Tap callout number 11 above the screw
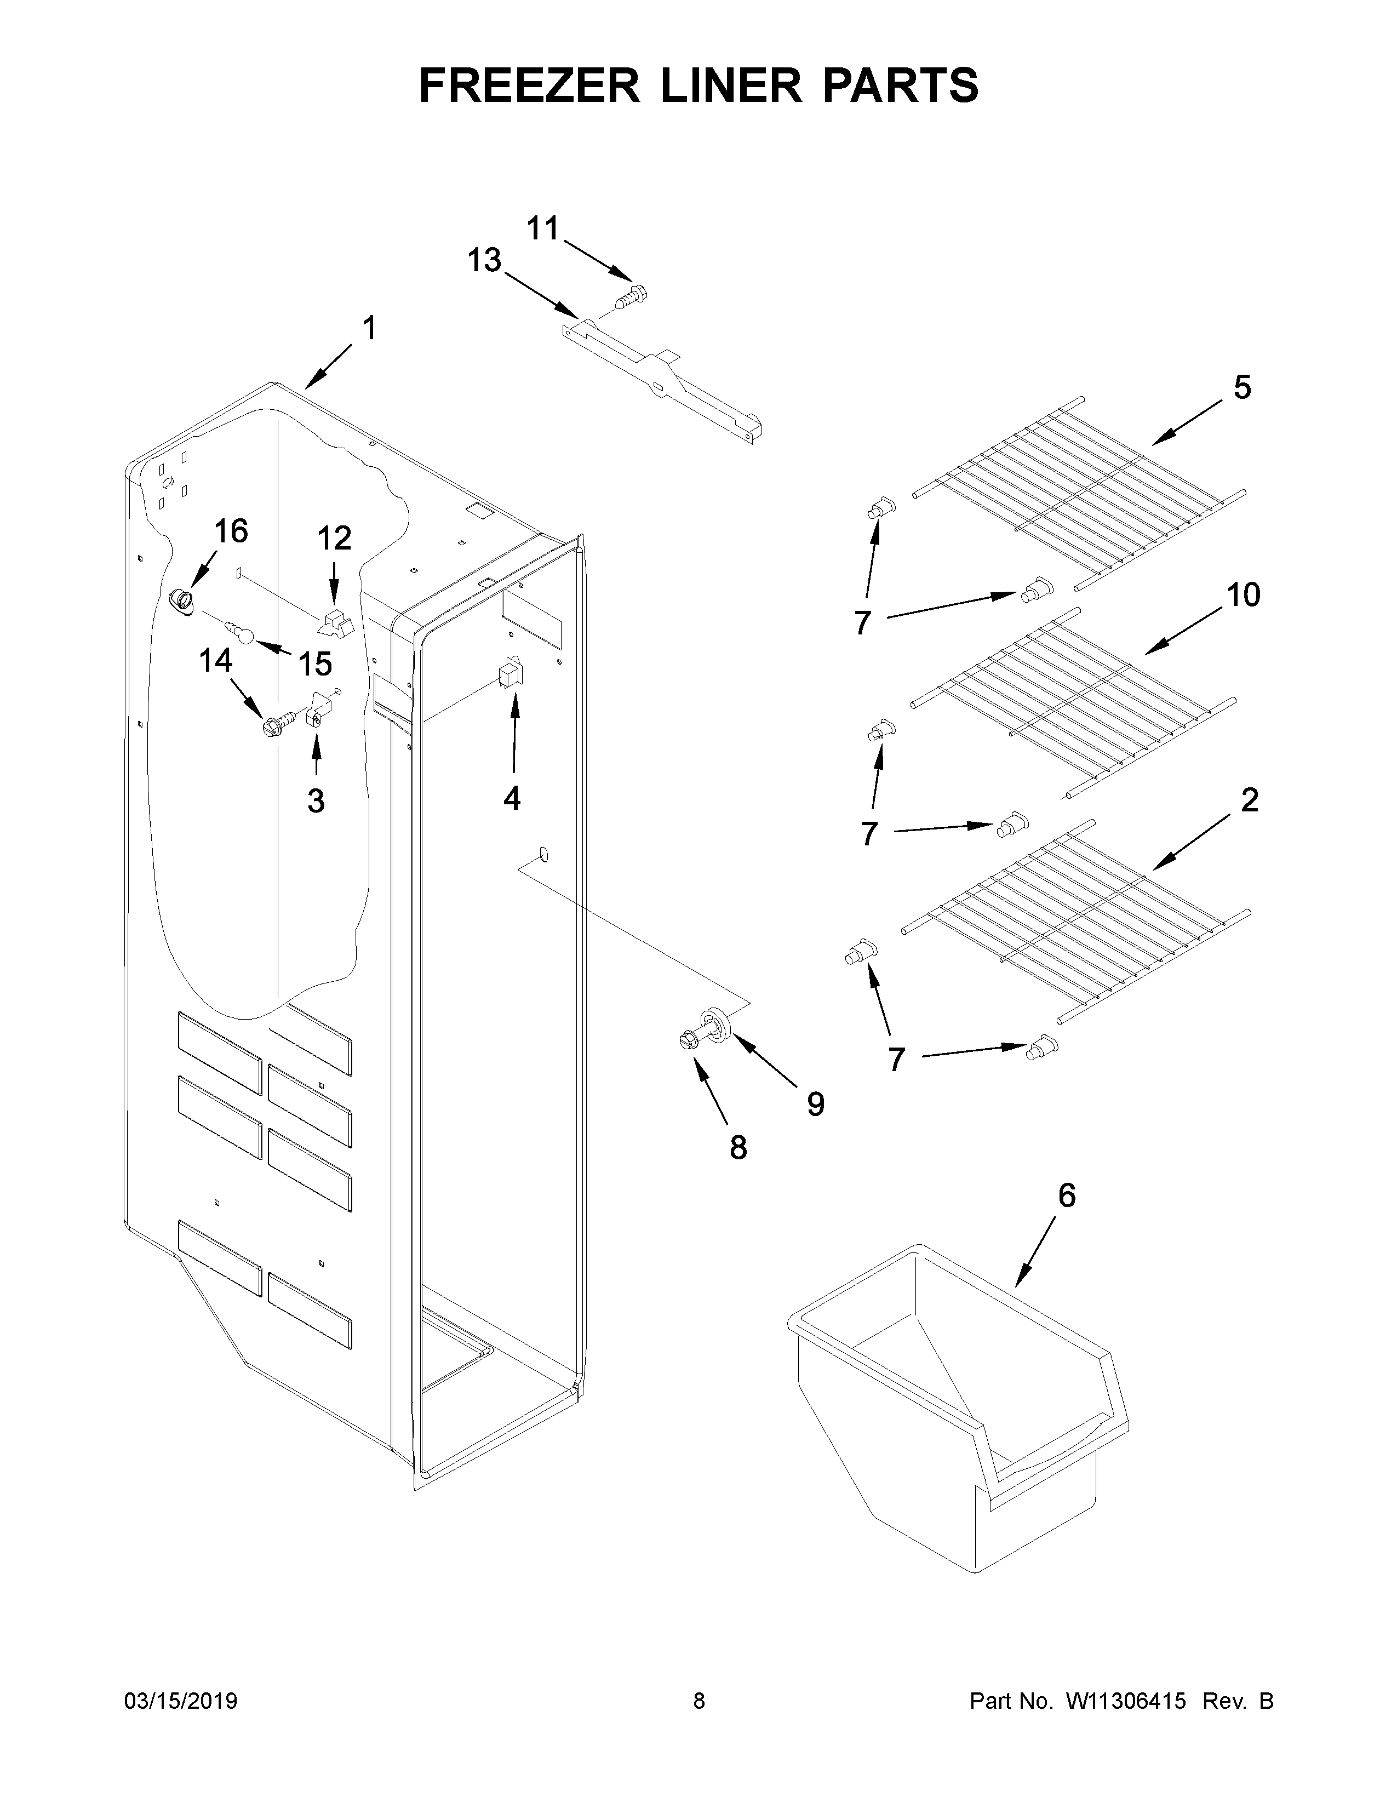pos(544,228)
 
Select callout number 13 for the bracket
pos(484,261)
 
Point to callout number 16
pos(231,531)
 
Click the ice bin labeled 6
pos(952,1408)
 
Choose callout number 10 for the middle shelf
pos(1243,594)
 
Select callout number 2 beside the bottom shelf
pos(1250,800)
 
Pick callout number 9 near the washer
pos(815,1103)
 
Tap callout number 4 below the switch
pos(512,798)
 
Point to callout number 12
pos(334,539)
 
